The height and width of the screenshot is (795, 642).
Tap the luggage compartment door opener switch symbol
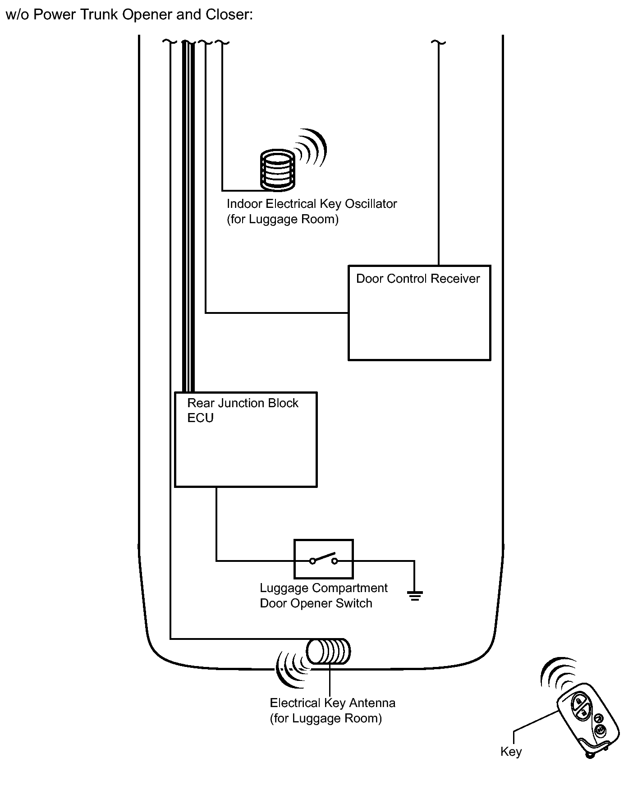[323, 559]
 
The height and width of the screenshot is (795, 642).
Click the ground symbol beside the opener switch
[414, 596]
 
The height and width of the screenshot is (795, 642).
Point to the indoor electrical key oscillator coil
[277, 170]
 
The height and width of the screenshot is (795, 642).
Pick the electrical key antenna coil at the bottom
[328, 652]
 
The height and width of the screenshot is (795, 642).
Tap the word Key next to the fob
[511, 751]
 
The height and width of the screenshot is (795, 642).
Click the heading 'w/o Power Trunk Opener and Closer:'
[129, 15]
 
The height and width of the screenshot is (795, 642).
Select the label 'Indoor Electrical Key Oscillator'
[312, 204]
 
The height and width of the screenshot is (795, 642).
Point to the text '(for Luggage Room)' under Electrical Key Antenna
[326, 718]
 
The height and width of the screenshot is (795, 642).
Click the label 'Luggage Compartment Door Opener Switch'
[323, 595]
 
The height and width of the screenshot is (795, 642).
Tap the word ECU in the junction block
[200, 418]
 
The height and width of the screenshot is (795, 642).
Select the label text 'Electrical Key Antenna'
[332, 703]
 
